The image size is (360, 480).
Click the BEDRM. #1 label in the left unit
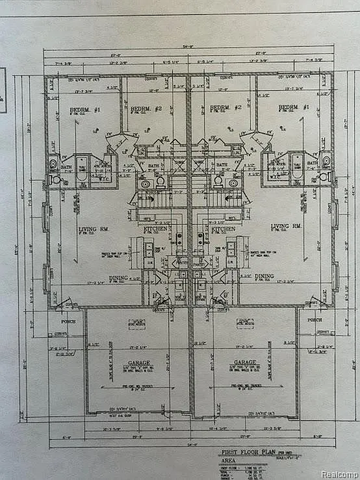[x=84, y=110]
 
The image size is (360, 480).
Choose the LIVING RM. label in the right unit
[x=285, y=227]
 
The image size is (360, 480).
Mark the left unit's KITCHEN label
[x=156, y=229]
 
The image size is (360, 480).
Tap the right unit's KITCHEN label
[x=223, y=229]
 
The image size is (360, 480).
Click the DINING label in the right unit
[x=264, y=276]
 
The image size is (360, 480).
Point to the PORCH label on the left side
[x=68, y=321]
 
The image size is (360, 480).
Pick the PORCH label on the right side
[x=315, y=320]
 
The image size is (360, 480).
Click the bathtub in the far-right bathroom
[x=296, y=166]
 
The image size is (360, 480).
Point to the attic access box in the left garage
[x=137, y=323]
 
